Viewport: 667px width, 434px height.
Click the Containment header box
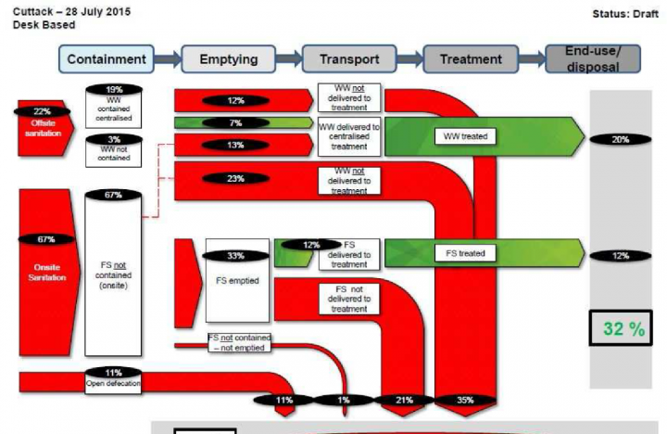(x=107, y=59)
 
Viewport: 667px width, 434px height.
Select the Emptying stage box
(x=229, y=59)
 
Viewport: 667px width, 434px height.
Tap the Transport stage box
(x=349, y=59)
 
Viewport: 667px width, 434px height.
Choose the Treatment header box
(x=471, y=59)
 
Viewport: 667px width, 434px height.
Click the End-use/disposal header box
(x=593, y=58)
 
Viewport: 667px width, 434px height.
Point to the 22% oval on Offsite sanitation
(x=38, y=111)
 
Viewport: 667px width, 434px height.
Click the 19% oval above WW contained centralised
(x=113, y=90)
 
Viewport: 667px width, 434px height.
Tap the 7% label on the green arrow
(x=235, y=122)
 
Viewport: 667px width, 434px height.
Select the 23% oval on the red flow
(x=235, y=178)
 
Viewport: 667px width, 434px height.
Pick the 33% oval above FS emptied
(x=235, y=256)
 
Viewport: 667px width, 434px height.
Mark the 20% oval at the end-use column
(x=620, y=139)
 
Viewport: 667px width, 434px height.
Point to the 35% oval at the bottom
(x=465, y=400)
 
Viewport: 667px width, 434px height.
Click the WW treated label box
(x=464, y=136)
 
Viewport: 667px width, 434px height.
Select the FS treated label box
(x=464, y=252)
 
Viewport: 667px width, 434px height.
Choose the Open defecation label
(x=113, y=381)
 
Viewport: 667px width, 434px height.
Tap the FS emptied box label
(x=235, y=280)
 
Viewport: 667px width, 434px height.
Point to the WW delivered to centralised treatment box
(x=349, y=136)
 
